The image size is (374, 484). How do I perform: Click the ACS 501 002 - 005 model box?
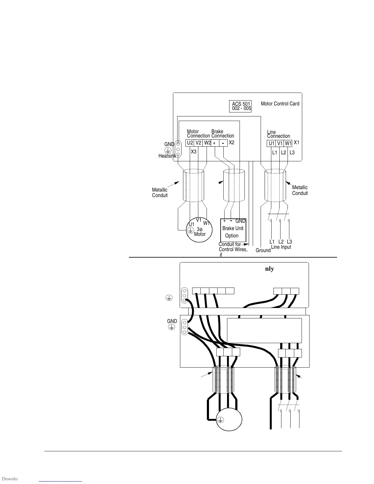(x=240, y=106)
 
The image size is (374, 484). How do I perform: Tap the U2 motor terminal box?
(x=190, y=143)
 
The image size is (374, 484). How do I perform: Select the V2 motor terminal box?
(x=199, y=143)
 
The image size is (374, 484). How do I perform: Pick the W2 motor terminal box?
(x=207, y=143)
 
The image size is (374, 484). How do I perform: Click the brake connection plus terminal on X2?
(x=215, y=143)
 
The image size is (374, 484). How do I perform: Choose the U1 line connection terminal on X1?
(x=271, y=143)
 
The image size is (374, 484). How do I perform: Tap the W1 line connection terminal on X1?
(x=288, y=143)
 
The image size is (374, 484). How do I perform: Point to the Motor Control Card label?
(x=280, y=104)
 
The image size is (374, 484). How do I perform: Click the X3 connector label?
(x=193, y=152)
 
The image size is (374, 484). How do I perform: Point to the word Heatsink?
(x=167, y=156)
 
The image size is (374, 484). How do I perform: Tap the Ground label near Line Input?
(x=263, y=250)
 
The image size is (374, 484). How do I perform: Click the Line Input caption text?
(x=281, y=247)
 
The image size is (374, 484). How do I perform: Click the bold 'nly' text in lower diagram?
(x=269, y=269)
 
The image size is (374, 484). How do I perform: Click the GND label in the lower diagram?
(x=172, y=321)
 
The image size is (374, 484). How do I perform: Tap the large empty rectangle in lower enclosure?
(x=264, y=331)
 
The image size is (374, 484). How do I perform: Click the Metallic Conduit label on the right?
(x=300, y=190)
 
